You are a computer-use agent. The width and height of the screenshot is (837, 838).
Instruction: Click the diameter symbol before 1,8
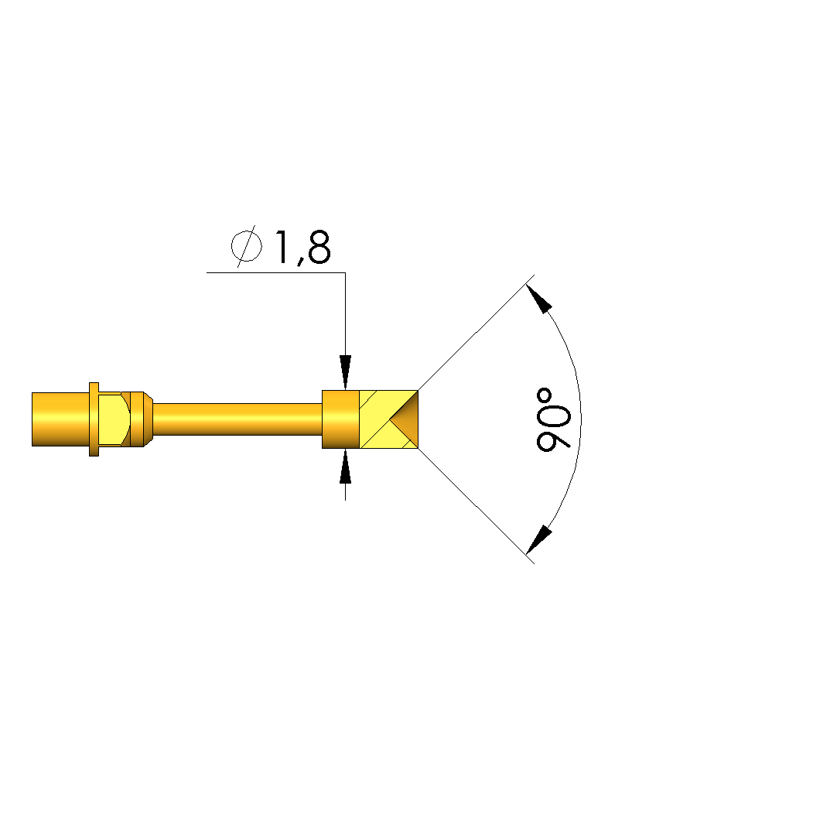pyautogui.click(x=246, y=246)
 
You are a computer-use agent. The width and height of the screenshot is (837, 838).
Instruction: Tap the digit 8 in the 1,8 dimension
pyautogui.click(x=319, y=248)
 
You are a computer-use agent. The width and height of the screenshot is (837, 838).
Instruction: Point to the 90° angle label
pyautogui.click(x=553, y=419)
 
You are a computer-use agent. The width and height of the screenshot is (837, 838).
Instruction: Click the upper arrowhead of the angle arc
pyautogui.click(x=538, y=299)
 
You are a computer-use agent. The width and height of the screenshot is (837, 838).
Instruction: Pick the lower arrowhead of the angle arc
pyautogui.click(x=538, y=540)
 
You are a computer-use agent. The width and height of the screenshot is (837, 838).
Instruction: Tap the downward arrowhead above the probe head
pyautogui.click(x=346, y=372)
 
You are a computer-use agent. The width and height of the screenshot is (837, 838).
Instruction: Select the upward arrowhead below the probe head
pyautogui.click(x=346, y=467)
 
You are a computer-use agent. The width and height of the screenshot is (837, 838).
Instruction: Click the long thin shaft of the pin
pyautogui.click(x=237, y=419)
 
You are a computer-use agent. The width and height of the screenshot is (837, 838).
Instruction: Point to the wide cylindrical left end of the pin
pyautogui.click(x=60, y=419)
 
